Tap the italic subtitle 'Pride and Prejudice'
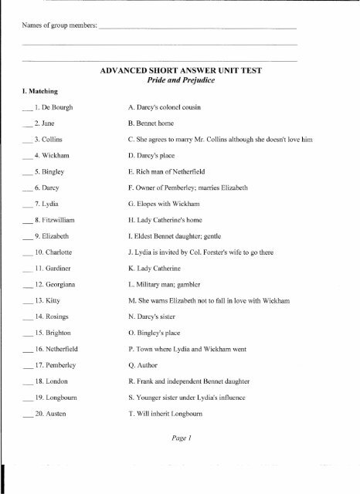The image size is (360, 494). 195,80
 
